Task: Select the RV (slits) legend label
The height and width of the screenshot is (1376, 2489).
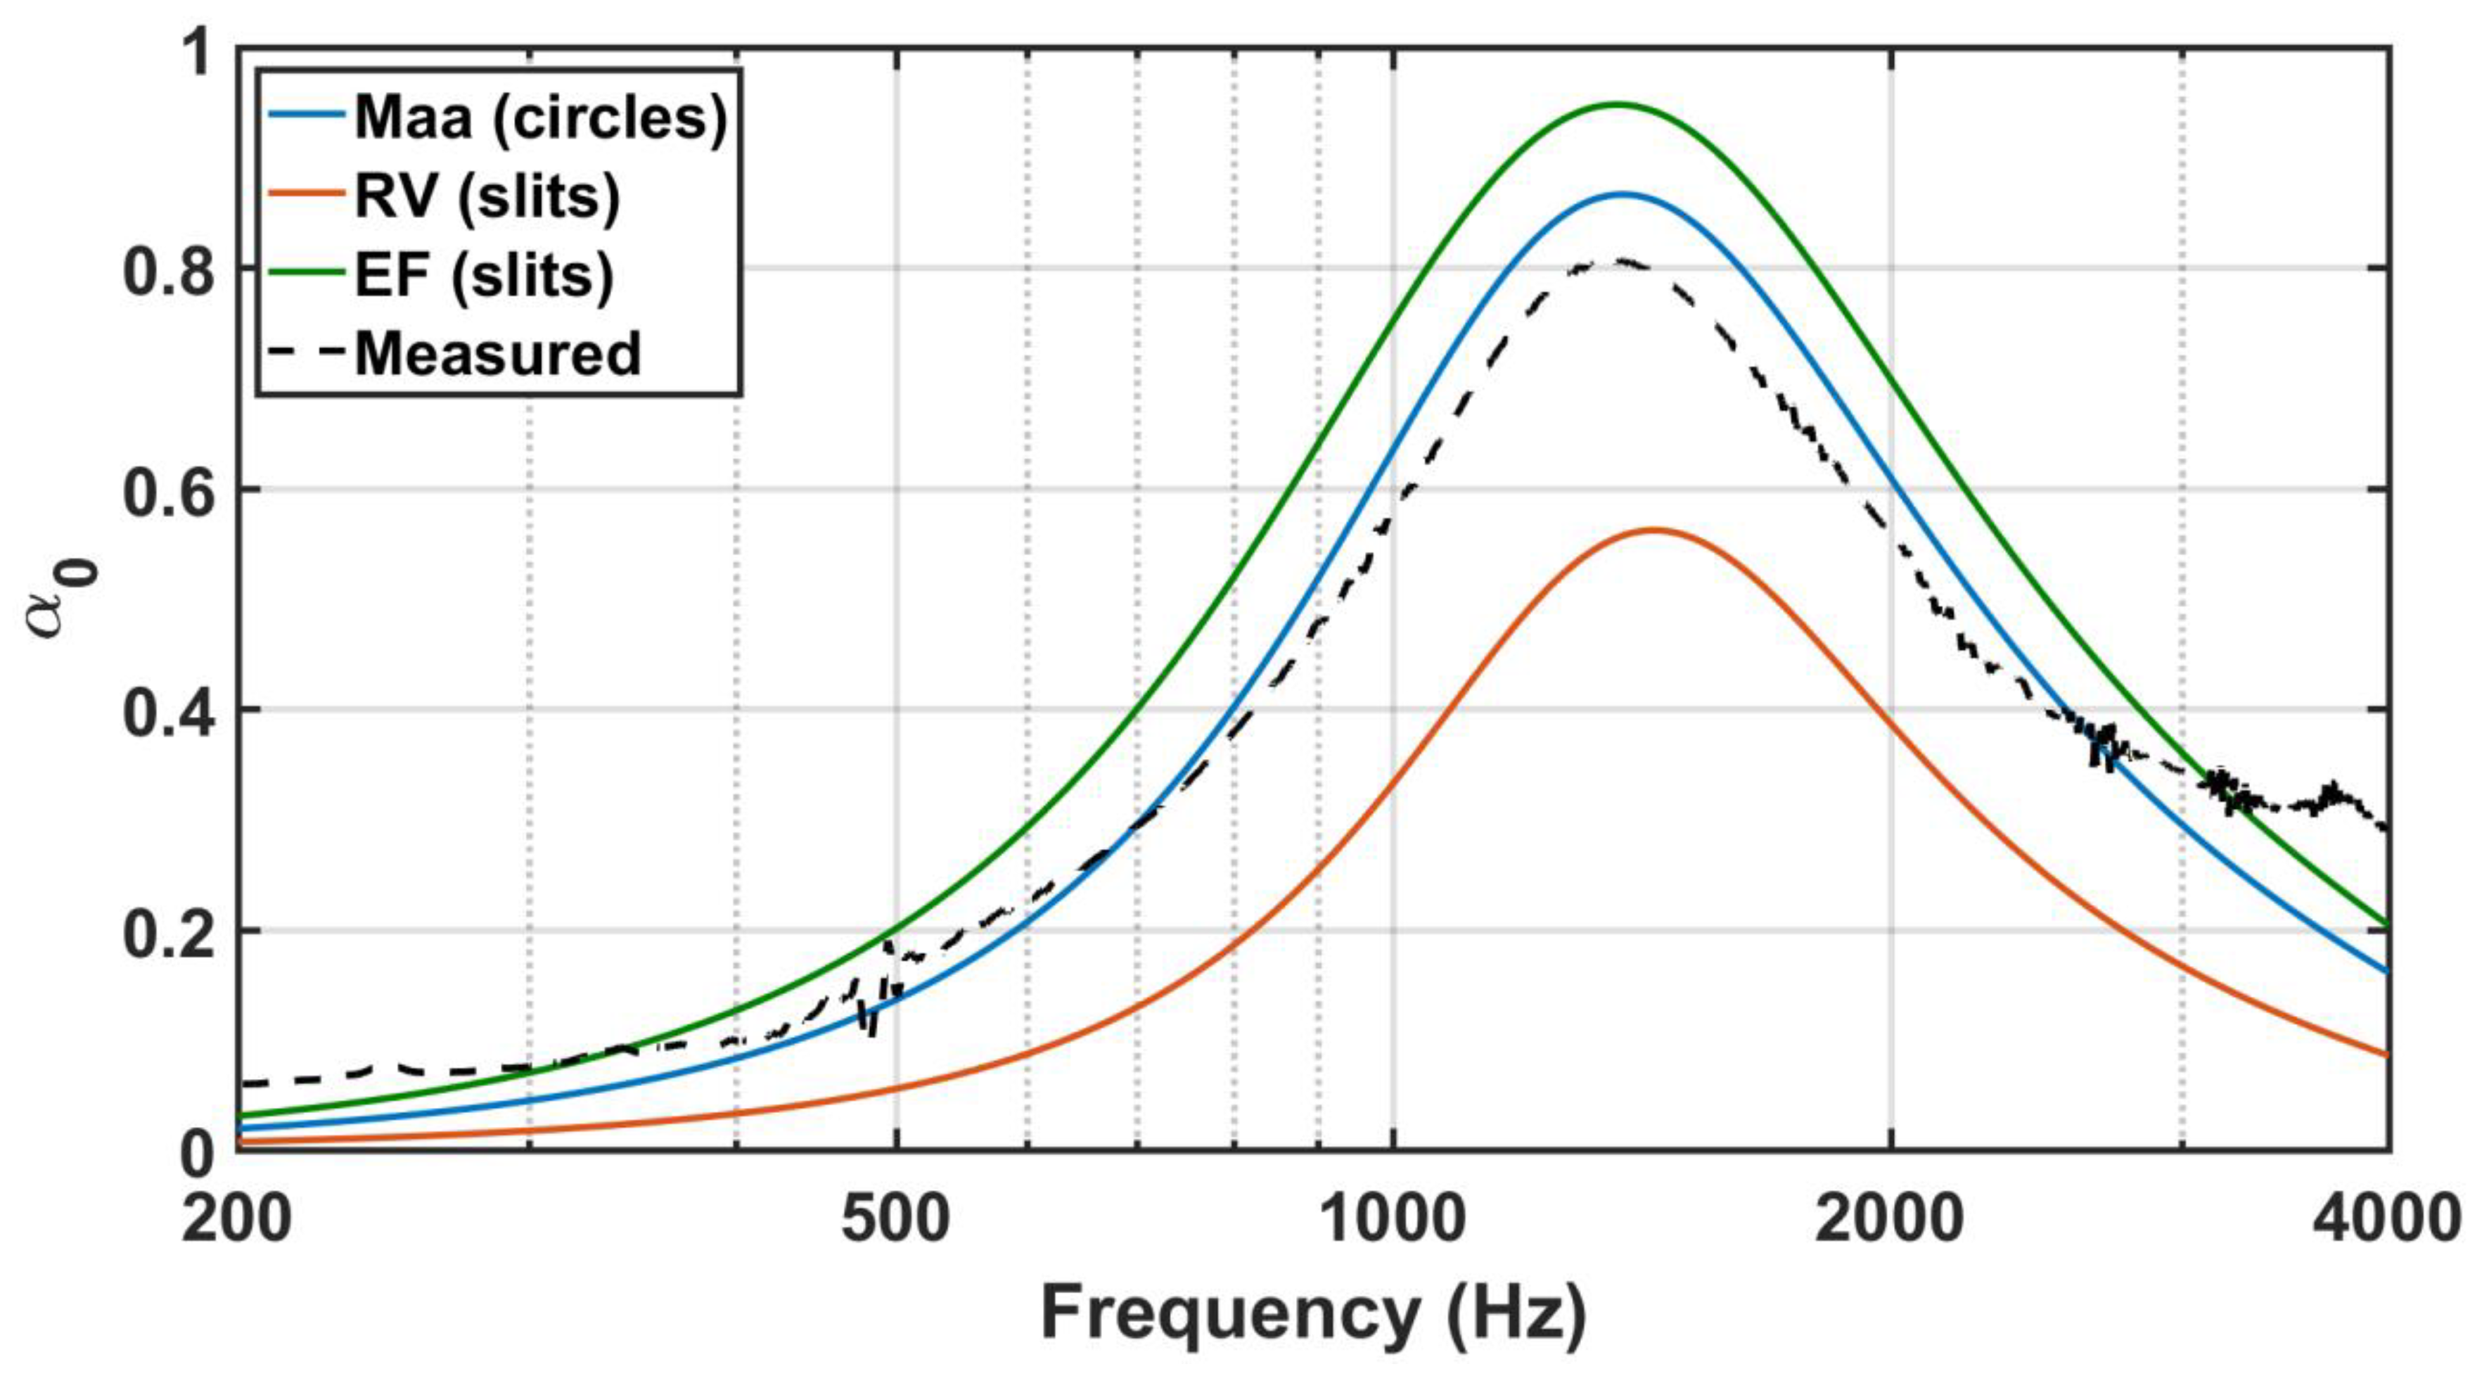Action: tap(487, 197)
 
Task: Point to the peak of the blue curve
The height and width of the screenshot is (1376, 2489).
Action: tap(1623, 194)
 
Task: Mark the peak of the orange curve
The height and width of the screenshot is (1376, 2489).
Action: tap(1654, 530)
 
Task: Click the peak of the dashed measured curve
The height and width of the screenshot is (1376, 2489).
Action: tap(1623, 262)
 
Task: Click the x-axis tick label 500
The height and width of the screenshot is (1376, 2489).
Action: tap(896, 1219)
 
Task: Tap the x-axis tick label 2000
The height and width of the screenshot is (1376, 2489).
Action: tap(1889, 1219)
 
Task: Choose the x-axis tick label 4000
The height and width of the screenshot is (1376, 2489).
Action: tap(2385, 1219)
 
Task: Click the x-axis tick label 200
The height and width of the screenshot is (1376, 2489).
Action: tap(237, 1219)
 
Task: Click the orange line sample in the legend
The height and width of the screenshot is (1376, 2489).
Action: tap(307, 192)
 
